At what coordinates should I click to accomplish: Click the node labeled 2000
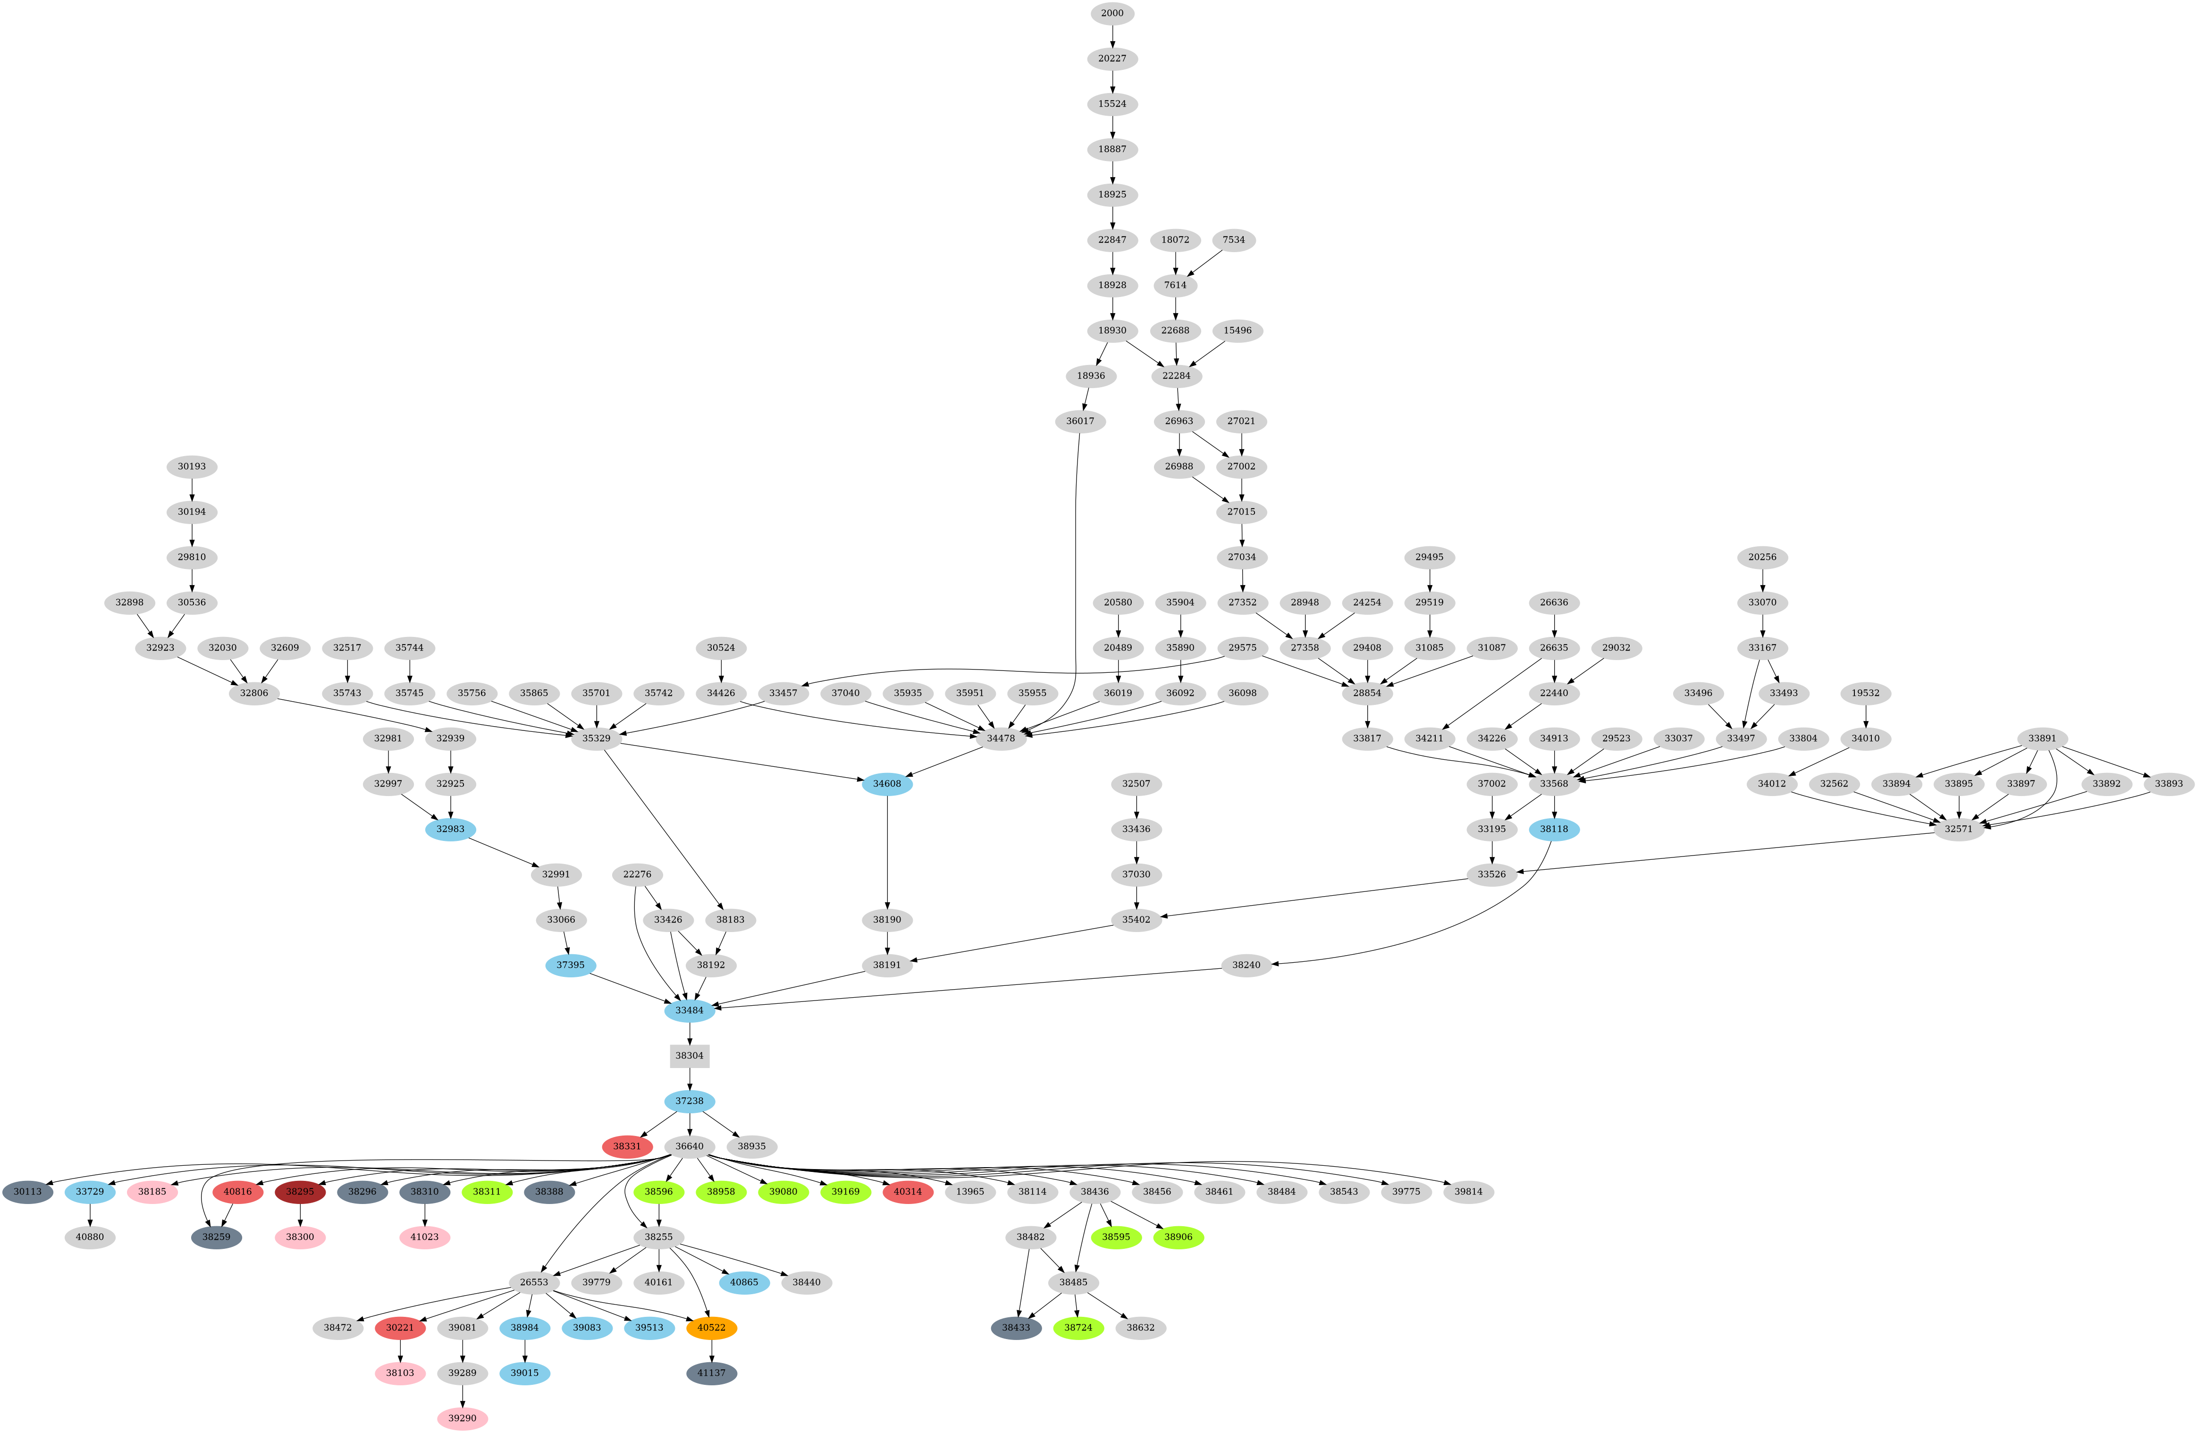[1112, 13]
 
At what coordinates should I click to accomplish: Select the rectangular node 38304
[690, 1055]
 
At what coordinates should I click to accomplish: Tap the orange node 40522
[712, 1328]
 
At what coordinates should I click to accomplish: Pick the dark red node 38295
[300, 1192]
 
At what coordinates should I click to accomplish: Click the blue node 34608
[887, 784]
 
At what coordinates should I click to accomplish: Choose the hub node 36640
[690, 1147]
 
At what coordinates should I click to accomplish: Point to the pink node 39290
[463, 1418]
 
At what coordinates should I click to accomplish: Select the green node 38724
[1078, 1328]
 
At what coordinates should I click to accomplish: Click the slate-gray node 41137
[712, 1373]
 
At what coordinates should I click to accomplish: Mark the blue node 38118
[1555, 829]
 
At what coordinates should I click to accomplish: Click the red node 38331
[628, 1147]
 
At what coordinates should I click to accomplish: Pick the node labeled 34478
[1001, 738]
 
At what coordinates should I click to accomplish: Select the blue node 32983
[450, 829]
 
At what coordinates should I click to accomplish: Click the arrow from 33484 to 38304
[690, 1033]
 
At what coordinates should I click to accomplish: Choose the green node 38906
[1179, 1237]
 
